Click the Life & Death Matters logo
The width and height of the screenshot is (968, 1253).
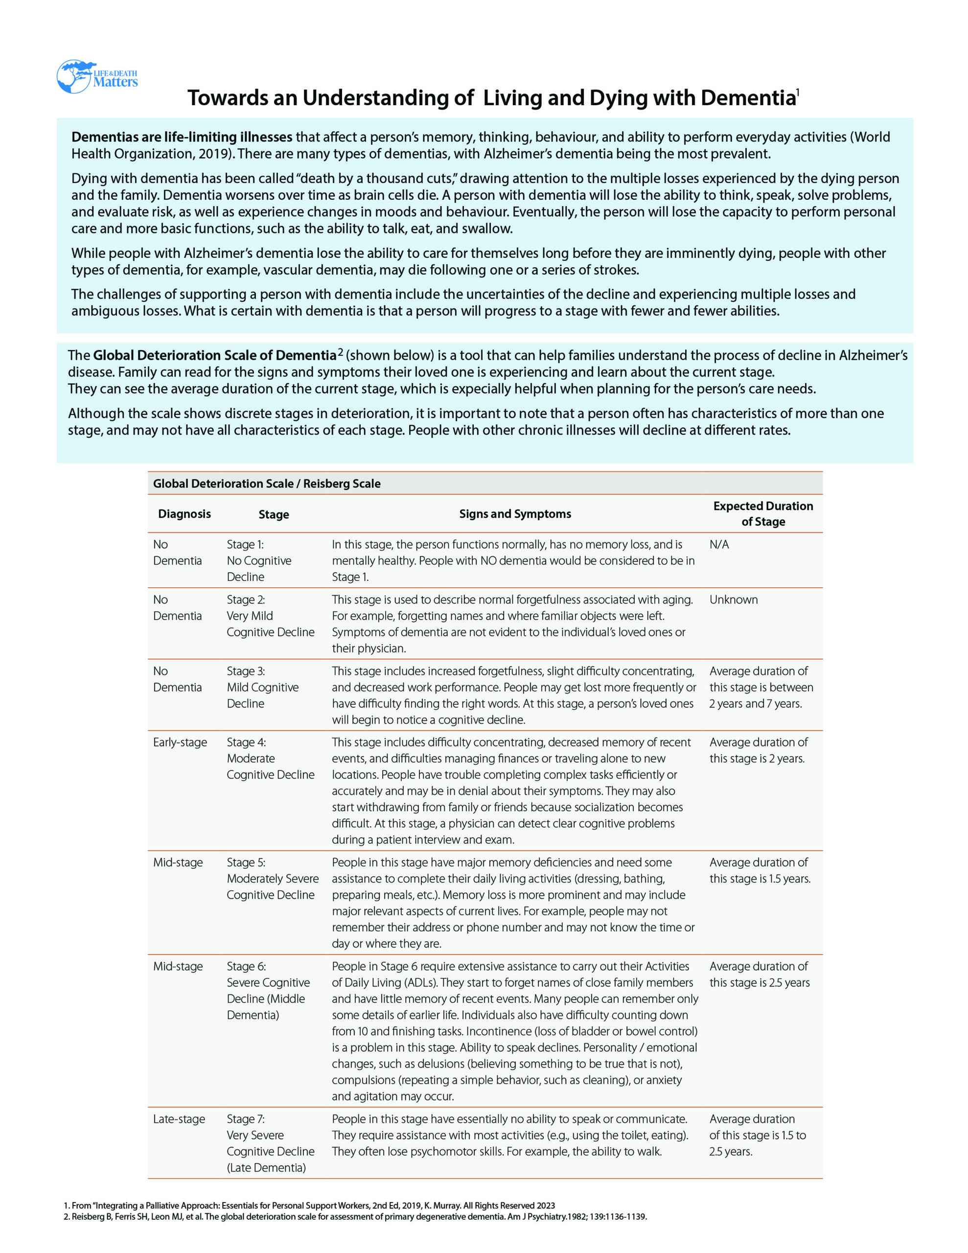coord(96,77)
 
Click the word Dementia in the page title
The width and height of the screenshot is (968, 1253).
coord(748,98)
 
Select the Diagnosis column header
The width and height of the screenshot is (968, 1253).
coord(184,514)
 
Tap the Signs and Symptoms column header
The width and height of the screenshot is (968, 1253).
coord(515,514)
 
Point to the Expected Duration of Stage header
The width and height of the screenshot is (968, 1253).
coord(762,513)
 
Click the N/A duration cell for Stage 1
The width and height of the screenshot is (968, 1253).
coord(719,544)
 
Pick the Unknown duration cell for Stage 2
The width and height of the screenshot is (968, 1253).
coord(733,600)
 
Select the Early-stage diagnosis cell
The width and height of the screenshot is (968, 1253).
coord(180,743)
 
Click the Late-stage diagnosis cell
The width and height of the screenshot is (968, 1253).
coord(179,1119)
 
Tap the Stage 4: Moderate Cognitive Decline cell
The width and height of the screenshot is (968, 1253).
coord(270,759)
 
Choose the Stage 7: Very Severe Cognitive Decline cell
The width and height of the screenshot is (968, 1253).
coord(270,1143)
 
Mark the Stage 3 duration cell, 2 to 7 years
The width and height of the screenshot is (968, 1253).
coord(761,687)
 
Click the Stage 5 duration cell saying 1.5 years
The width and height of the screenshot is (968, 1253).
coord(759,870)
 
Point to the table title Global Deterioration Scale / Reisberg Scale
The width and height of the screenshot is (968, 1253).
coord(266,484)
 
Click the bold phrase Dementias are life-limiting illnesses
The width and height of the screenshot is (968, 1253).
coord(182,137)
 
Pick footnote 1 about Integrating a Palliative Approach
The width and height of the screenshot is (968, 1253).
coord(310,1206)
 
